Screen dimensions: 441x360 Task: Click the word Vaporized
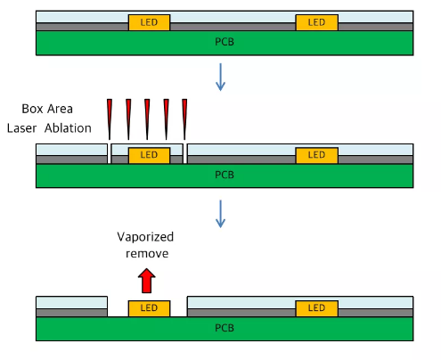pyautogui.click(x=145, y=237)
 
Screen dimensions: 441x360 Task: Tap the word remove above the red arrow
pyautogui.click(x=147, y=254)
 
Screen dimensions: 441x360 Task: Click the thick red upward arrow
pyautogui.click(x=147, y=281)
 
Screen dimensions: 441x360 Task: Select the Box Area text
pyautogui.click(x=47, y=109)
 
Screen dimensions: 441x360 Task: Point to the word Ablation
pyautogui.click(x=68, y=128)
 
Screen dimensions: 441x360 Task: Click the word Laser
pyautogui.click(x=21, y=128)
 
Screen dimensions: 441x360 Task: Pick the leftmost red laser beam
pyautogui.click(x=110, y=119)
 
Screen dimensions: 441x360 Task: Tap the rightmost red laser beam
pyautogui.click(x=184, y=119)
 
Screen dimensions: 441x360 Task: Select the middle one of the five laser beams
pyautogui.click(x=147, y=119)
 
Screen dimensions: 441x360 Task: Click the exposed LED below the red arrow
pyautogui.click(x=150, y=308)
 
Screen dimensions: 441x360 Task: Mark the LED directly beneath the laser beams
pyautogui.click(x=150, y=155)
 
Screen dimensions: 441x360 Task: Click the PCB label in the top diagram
pyautogui.click(x=225, y=42)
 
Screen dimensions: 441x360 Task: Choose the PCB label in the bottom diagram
pyautogui.click(x=225, y=328)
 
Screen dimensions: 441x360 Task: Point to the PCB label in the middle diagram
pyautogui.click(x=225, y=175)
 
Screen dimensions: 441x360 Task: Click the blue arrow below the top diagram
pyautogui.click(x=220, y=77)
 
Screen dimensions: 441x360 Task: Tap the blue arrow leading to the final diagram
pyautogui.click(x=220, y=214)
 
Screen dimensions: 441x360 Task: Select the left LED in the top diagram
pyautogui.click(x=150, y=22)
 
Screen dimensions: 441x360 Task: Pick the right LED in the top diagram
pyautogui.click(x=317, y=22)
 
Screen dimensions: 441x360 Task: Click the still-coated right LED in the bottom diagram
pyautogui.click(x=317, y=308)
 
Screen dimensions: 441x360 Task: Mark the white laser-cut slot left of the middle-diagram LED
pyautogui.click(x=110, y=153)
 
